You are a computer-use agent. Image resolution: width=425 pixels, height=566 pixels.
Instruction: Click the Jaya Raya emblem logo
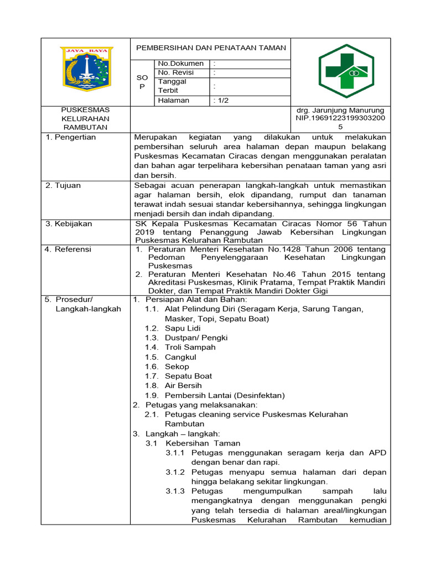coord(85,69)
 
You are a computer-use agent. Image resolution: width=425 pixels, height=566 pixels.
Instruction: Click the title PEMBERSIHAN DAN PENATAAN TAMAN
coord(211,48)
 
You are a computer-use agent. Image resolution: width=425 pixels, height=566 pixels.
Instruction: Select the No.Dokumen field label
coord(181,64)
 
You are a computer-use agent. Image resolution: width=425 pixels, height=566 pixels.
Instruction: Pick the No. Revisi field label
coord(178,72)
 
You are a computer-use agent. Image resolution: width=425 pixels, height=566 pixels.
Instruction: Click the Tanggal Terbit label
coord(173,86)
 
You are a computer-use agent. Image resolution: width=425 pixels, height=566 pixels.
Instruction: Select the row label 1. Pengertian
coord(70,137)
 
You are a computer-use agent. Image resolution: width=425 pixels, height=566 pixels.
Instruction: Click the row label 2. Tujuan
coord(63,185)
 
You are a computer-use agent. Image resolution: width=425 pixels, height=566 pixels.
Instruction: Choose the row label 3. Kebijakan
coord(69,224)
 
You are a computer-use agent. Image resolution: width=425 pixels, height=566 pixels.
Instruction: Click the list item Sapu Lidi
coord(183,328)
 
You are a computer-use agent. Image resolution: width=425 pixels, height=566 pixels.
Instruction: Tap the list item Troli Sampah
coord(190,347)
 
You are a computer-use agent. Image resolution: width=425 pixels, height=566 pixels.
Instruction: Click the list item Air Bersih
coord(183,385)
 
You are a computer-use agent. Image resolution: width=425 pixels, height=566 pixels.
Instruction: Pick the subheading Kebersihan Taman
coord(204,443)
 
